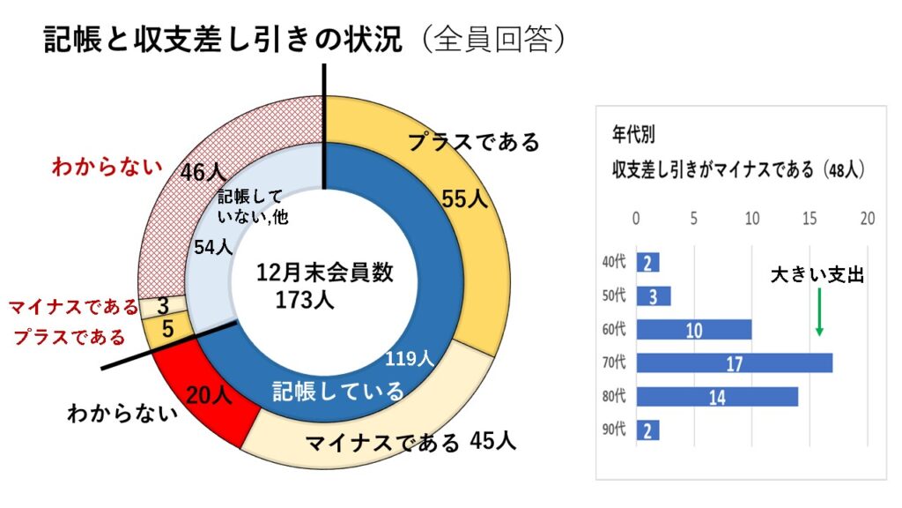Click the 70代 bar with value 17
734,362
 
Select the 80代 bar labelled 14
716,396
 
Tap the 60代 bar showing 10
693,329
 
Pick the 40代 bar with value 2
647,262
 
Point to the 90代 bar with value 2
647,430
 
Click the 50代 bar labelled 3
653,295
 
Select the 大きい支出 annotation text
817,275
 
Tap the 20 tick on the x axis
868,218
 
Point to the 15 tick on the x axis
810,218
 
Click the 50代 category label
613,295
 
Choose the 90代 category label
613,430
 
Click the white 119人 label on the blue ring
410,358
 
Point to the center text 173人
304,300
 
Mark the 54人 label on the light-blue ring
212,248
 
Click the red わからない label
107,165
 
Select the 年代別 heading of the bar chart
633,135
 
